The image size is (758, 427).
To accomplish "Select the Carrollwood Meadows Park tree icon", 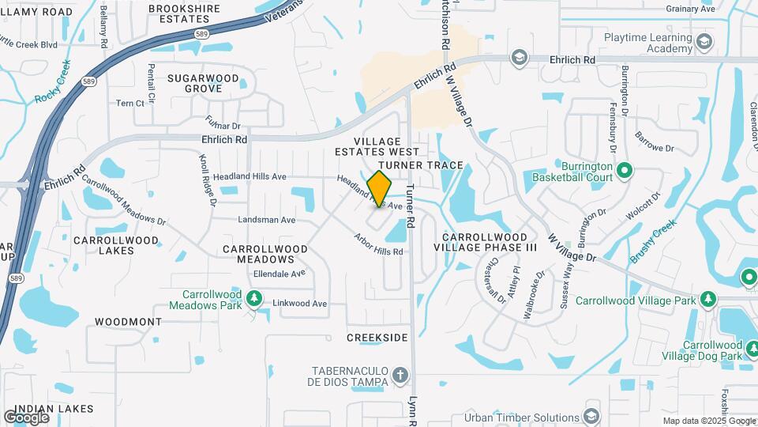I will (254, 298).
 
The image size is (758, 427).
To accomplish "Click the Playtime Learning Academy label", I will (647, 43).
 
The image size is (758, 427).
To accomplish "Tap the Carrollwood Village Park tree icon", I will (708, 300).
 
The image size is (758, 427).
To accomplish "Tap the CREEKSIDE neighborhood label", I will (377, 338).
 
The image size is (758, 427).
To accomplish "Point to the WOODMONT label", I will (128, 322).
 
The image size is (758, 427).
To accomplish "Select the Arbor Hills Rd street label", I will (379, 244).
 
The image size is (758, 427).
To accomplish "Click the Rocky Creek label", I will (53, 81).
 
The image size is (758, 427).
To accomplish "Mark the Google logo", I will (27, 417).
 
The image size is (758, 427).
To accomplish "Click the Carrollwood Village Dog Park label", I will (712, 350).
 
